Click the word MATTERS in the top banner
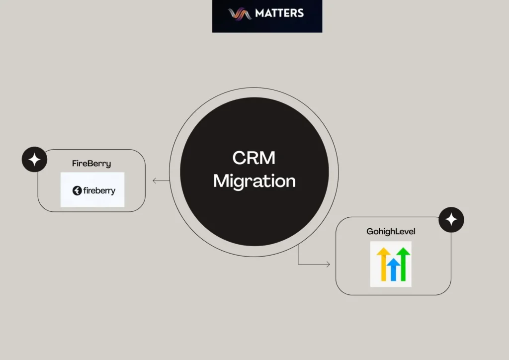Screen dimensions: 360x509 pos(279,13)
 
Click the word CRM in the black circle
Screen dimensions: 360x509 pos(254,159)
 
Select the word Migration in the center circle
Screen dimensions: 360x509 pos(254,180)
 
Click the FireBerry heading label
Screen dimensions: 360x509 pos(91,163)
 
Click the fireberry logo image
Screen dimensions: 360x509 pos(92,189)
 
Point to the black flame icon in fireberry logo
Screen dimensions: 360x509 pos(77,190)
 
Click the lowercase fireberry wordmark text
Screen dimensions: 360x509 pos(99,190)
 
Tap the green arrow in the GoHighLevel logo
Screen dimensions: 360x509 pos(403,263)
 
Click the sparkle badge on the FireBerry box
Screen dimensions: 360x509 pos(34,160)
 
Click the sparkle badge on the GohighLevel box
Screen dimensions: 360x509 pos(451,220)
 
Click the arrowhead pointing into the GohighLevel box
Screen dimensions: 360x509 pos(328,265)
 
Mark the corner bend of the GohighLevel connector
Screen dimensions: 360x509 pos(299,265)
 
